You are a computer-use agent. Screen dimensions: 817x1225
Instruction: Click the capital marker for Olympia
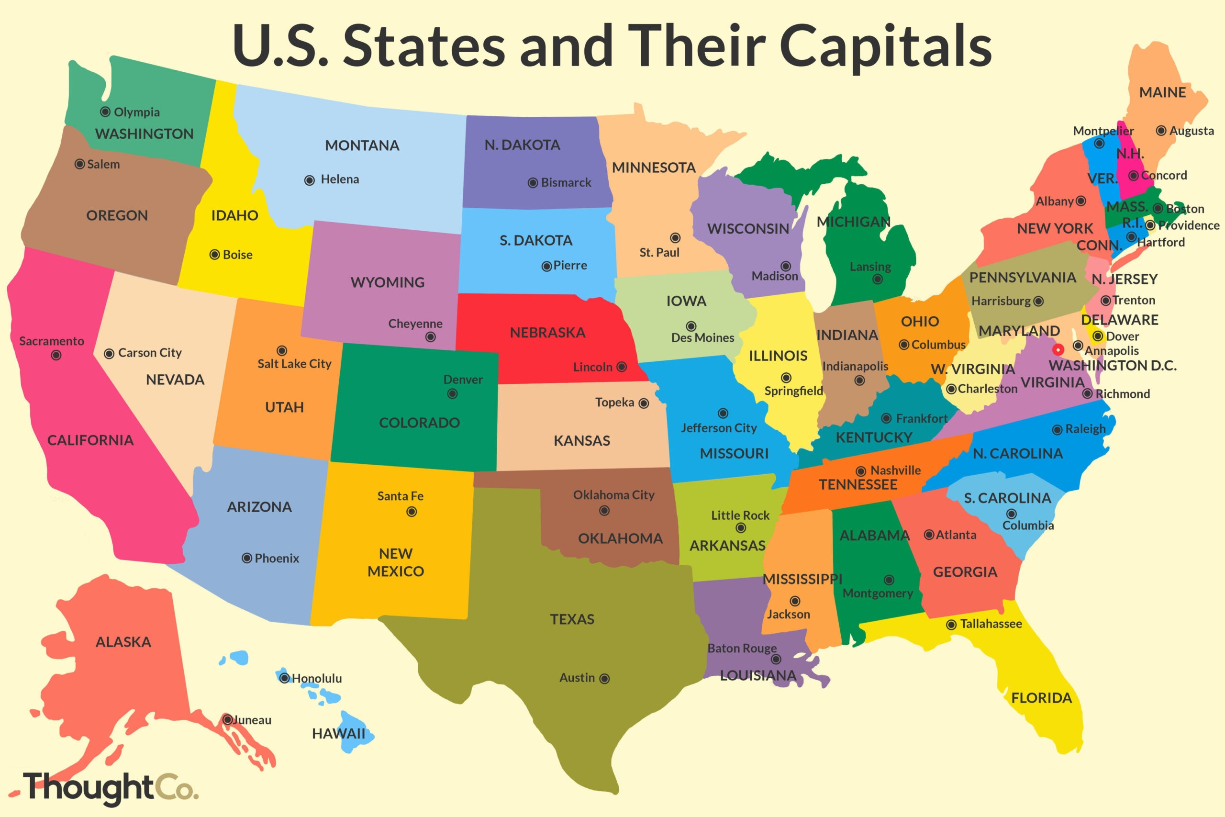(x=105, y=112)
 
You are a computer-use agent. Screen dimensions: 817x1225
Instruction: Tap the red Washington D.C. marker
(x=1058, y=349)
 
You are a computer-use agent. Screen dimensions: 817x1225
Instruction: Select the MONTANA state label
(x=362, y=145)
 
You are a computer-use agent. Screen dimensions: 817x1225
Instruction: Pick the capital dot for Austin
(x=604, y=678)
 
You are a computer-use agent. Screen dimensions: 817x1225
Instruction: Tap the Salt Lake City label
(x=294, y=364)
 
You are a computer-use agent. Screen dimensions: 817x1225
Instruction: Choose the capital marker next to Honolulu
(x=284, y=678)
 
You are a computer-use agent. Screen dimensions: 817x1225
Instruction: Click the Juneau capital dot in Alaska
(x=228, y=719)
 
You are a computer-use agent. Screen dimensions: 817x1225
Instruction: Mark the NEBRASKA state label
(x=547, y=333)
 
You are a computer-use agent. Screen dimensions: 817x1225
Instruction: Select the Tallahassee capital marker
(x=951, y=624)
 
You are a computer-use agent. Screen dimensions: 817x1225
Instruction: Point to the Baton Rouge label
(x=742, y=648)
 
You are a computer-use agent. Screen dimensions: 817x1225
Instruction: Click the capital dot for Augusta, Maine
(x=1161, y=131)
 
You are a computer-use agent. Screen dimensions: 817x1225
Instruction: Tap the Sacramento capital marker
(x=56, y=355)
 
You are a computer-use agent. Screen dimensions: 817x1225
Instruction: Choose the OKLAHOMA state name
(x=620, y=538)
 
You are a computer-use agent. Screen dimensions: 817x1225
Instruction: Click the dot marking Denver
(x=453, y=394)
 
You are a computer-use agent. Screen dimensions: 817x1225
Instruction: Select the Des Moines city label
(x=702, y=337)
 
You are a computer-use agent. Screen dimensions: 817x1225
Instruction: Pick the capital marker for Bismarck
(x=533, y=183)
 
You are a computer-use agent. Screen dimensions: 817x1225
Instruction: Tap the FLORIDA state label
(x=1042, y=698)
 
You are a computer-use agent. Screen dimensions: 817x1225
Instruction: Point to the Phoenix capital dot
(x=247, y=559)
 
